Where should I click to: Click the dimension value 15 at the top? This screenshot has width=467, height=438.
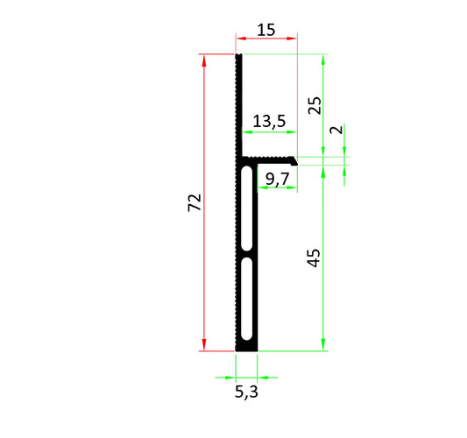coord(266,29)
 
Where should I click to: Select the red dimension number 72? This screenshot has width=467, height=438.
coord(195,202)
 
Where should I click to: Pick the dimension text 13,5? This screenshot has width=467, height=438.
coord(268,122)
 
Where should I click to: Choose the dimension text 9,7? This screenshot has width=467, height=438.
coord(277,180)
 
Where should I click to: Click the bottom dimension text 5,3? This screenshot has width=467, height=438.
coord(246,392)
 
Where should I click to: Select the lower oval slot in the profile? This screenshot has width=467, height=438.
coord(248,298)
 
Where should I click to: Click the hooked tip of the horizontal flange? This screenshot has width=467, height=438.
coord(296,161)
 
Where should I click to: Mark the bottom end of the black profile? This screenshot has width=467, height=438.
coord(246,350)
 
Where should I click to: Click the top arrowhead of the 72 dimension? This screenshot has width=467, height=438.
coord(204,59)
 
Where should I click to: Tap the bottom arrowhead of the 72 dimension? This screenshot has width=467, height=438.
coord(204,347)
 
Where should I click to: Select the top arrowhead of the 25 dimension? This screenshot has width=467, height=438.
coord(324,59)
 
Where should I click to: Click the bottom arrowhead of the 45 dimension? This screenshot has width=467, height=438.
coord(324,347)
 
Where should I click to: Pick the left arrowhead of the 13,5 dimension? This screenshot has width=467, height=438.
coord(245,132)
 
